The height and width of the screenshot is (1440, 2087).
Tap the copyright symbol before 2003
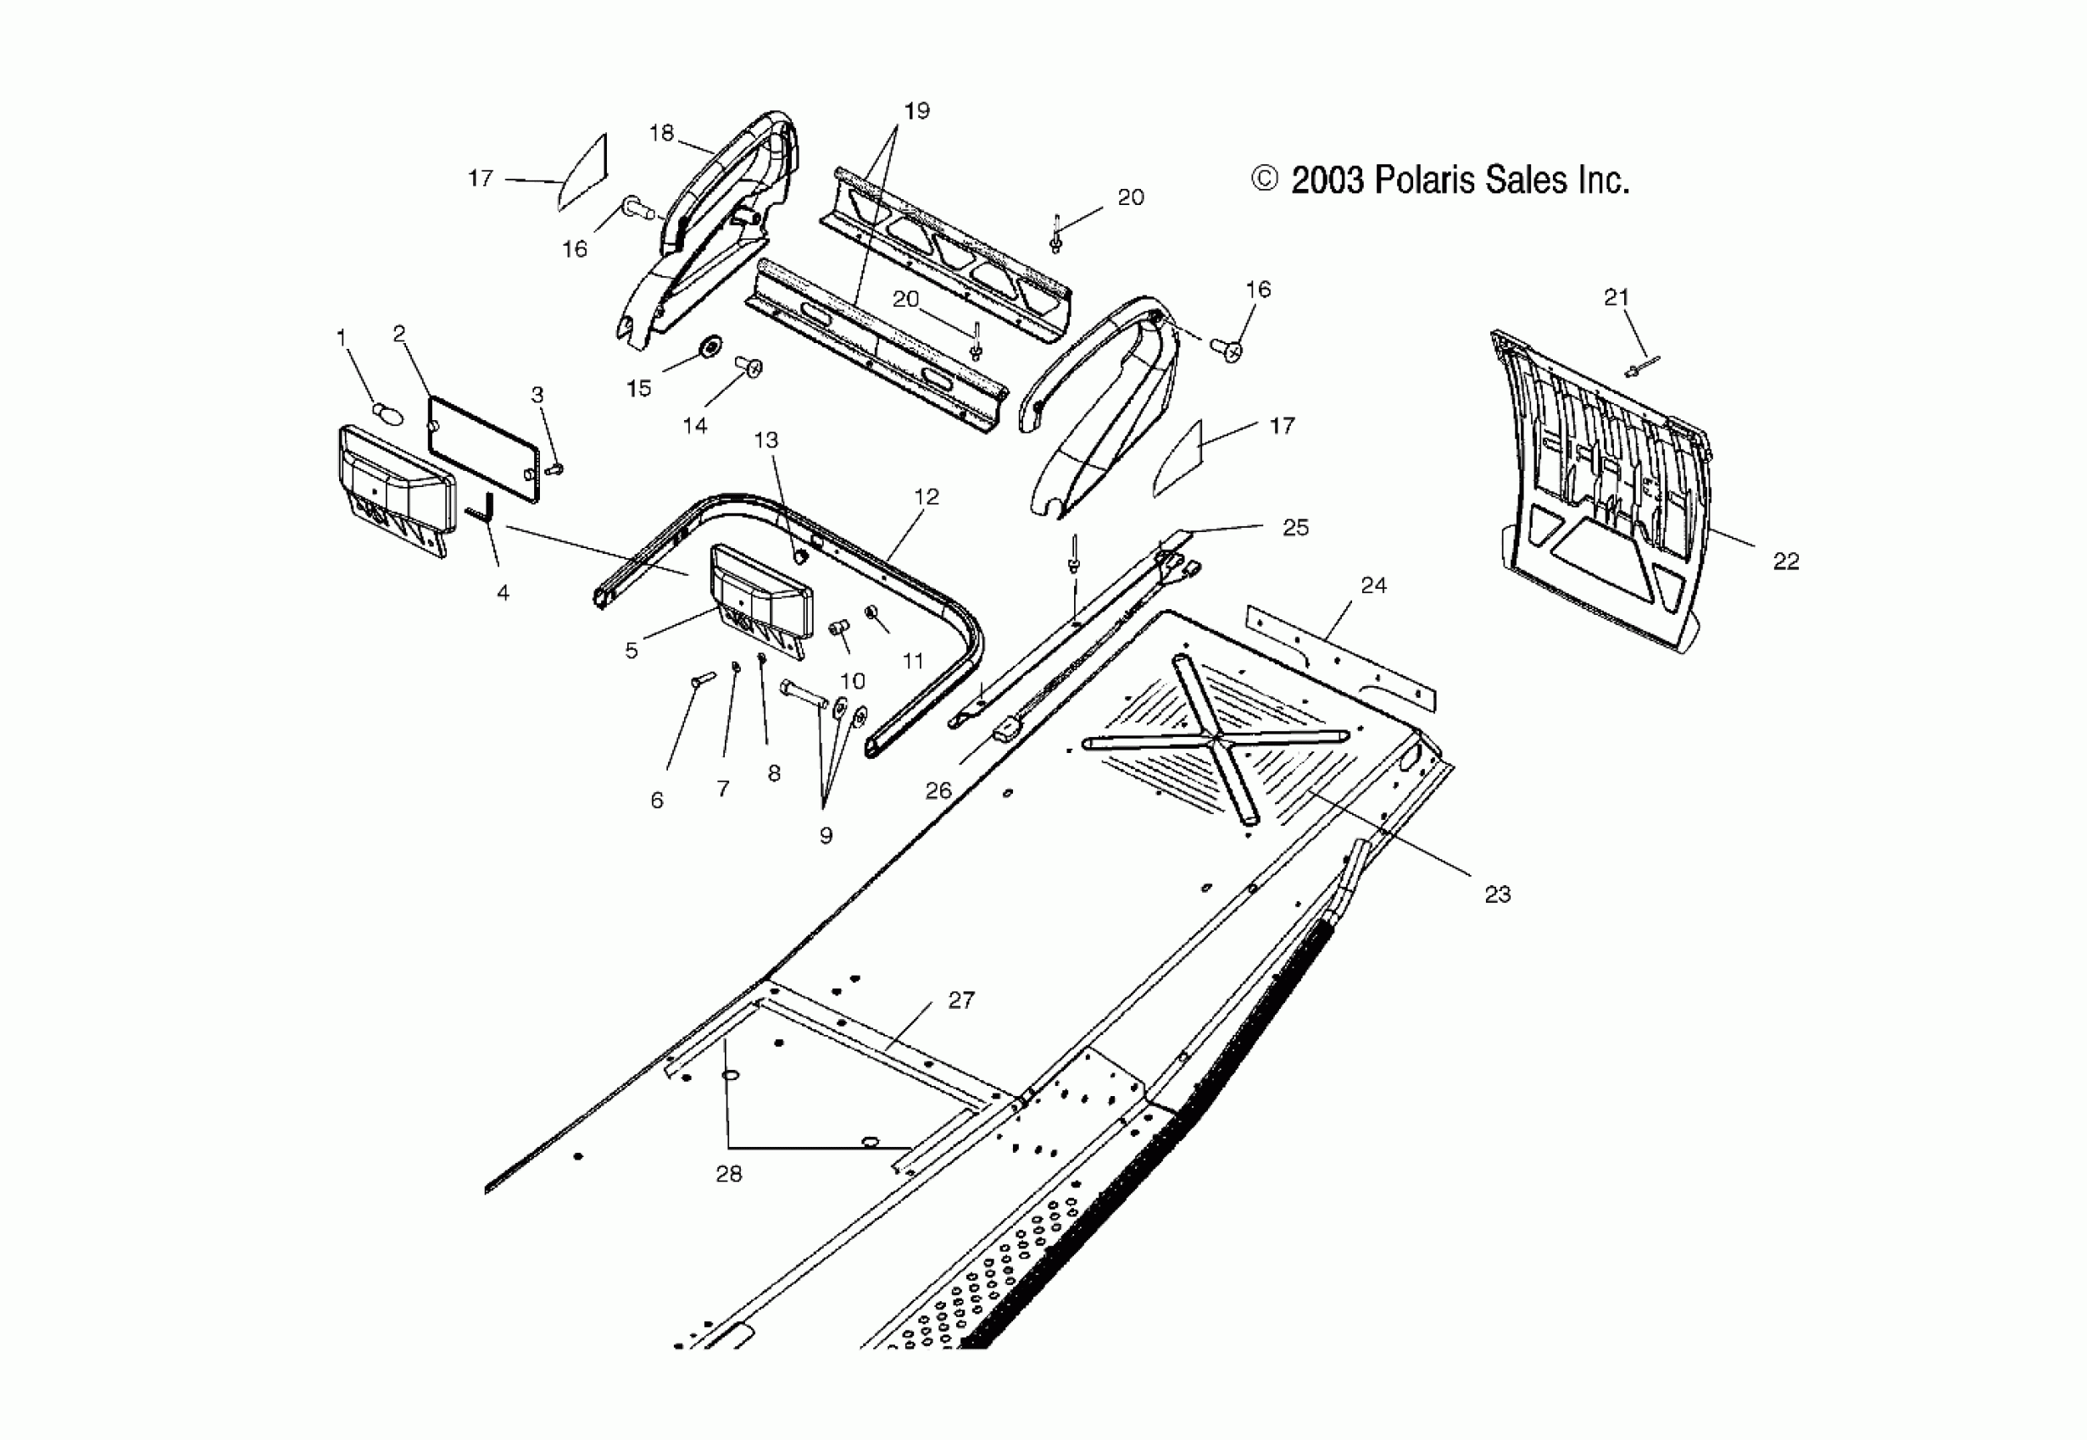point(1265,180)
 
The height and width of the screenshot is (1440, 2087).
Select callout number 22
point(1785,562)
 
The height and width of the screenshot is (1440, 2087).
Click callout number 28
point(728,1174)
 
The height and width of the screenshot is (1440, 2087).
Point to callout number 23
point(1498,894)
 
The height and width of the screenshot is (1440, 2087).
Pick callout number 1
point(342,337)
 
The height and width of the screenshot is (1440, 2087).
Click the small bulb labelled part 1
point(386,413)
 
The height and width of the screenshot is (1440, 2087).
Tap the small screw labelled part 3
point(555,469)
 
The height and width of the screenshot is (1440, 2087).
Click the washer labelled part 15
point(711,345)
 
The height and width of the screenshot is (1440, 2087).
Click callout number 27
point(961,1000)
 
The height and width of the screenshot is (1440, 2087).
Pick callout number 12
point(927,496)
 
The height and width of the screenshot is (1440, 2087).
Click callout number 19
point(916,111)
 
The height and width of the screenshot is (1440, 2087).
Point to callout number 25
point(1295,528)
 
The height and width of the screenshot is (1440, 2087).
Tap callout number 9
point(825,835)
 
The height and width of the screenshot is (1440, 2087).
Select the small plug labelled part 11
point(872,612)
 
